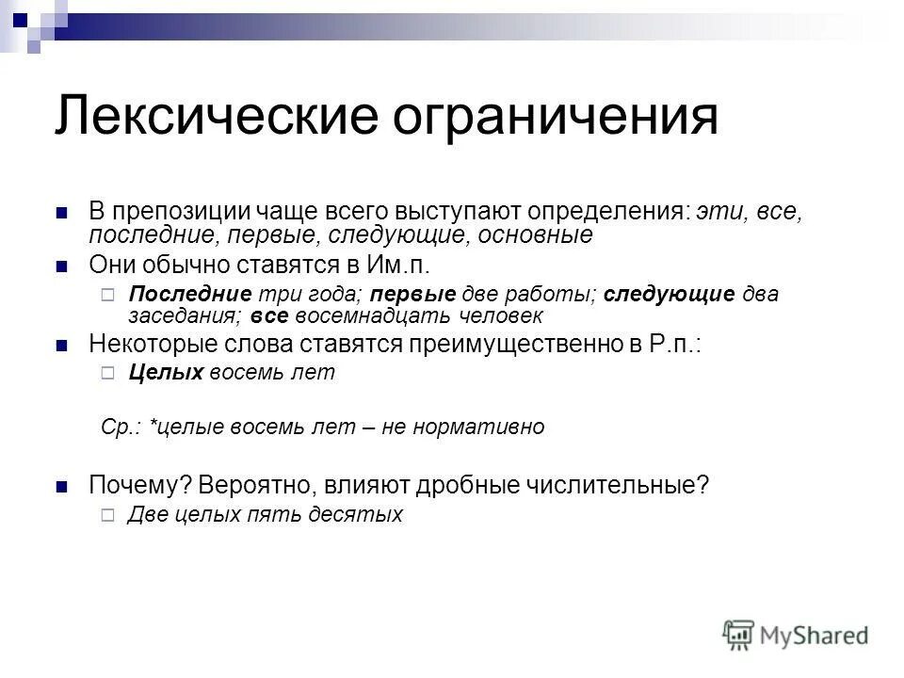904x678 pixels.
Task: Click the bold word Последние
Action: tap(189, 293)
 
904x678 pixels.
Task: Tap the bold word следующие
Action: tap(669, 293)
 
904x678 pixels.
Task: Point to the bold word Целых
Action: tap(166, 373)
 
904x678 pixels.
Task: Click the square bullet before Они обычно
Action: tap(63, 265)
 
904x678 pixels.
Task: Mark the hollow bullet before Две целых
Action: tap(106, 515)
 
